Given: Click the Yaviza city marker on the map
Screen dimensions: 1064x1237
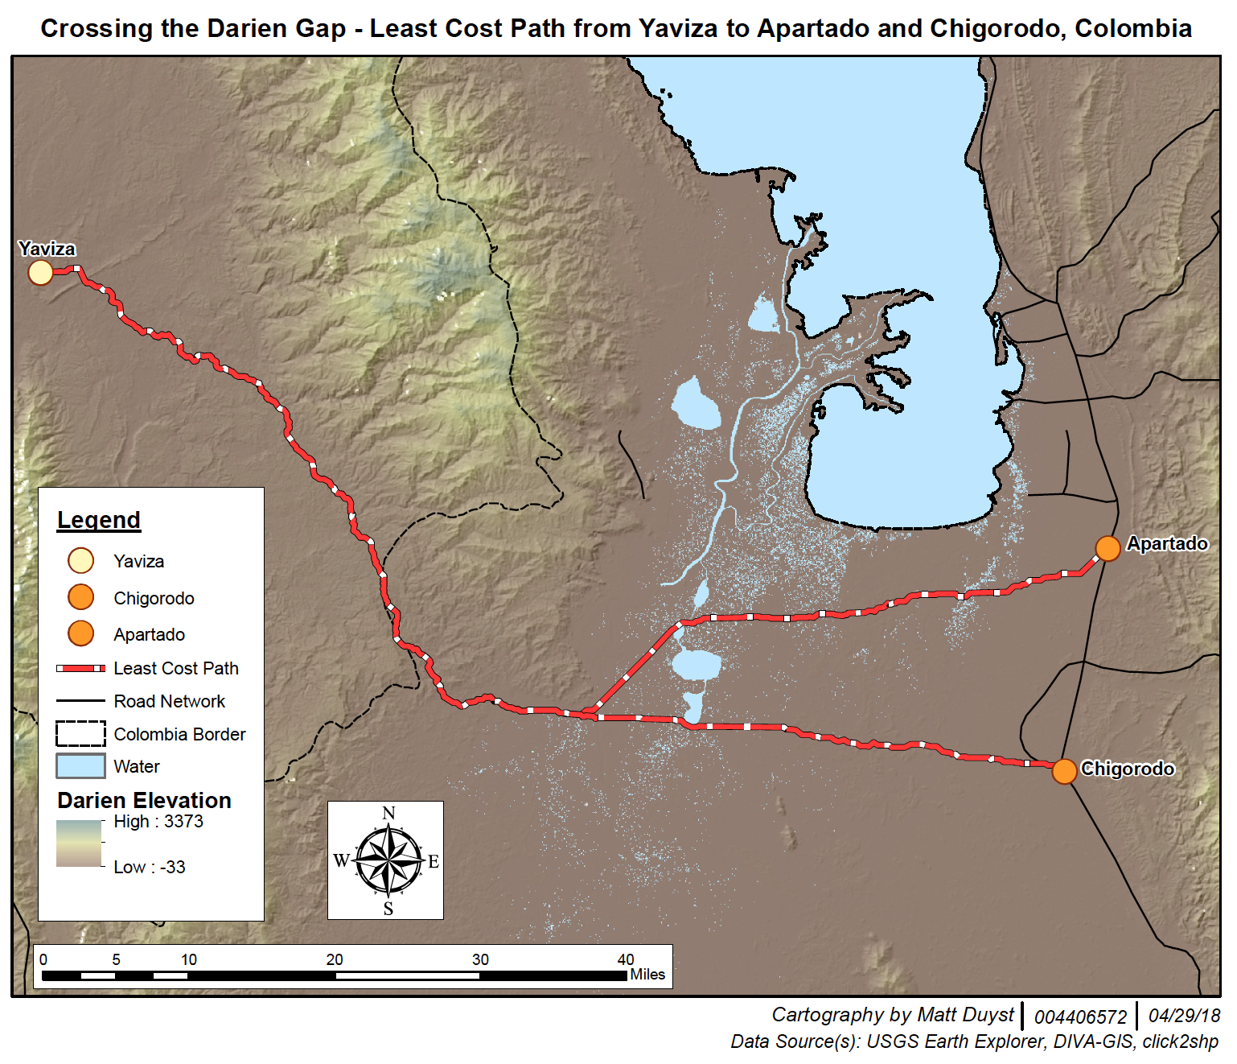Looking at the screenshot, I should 40,273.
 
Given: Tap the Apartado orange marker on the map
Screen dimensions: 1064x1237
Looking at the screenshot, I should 1108,548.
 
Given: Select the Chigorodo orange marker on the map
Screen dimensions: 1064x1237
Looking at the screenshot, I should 1064,770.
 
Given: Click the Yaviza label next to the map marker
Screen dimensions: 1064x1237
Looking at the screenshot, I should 47,249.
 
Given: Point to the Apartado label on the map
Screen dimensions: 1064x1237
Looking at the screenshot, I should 1166,543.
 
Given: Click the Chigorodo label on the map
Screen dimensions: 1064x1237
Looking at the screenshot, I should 1127,769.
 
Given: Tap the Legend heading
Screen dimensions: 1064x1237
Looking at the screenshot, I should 99,520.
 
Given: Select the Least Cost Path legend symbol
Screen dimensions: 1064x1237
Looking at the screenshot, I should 80,668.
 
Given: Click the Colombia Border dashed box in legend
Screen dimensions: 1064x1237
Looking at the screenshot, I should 80,734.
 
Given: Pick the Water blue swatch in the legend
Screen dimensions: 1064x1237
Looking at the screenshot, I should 80,766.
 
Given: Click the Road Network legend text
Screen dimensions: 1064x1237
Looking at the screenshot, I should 169,701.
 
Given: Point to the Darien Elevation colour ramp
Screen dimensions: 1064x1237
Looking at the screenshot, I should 79,843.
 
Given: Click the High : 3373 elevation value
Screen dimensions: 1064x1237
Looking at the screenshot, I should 158,821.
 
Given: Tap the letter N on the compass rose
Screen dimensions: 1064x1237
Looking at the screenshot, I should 388,813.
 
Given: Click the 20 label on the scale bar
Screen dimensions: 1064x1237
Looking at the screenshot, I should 335,959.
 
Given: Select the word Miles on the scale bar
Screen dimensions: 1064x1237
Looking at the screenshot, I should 647,975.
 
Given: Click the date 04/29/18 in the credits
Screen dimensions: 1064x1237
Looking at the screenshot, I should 1184,1016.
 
